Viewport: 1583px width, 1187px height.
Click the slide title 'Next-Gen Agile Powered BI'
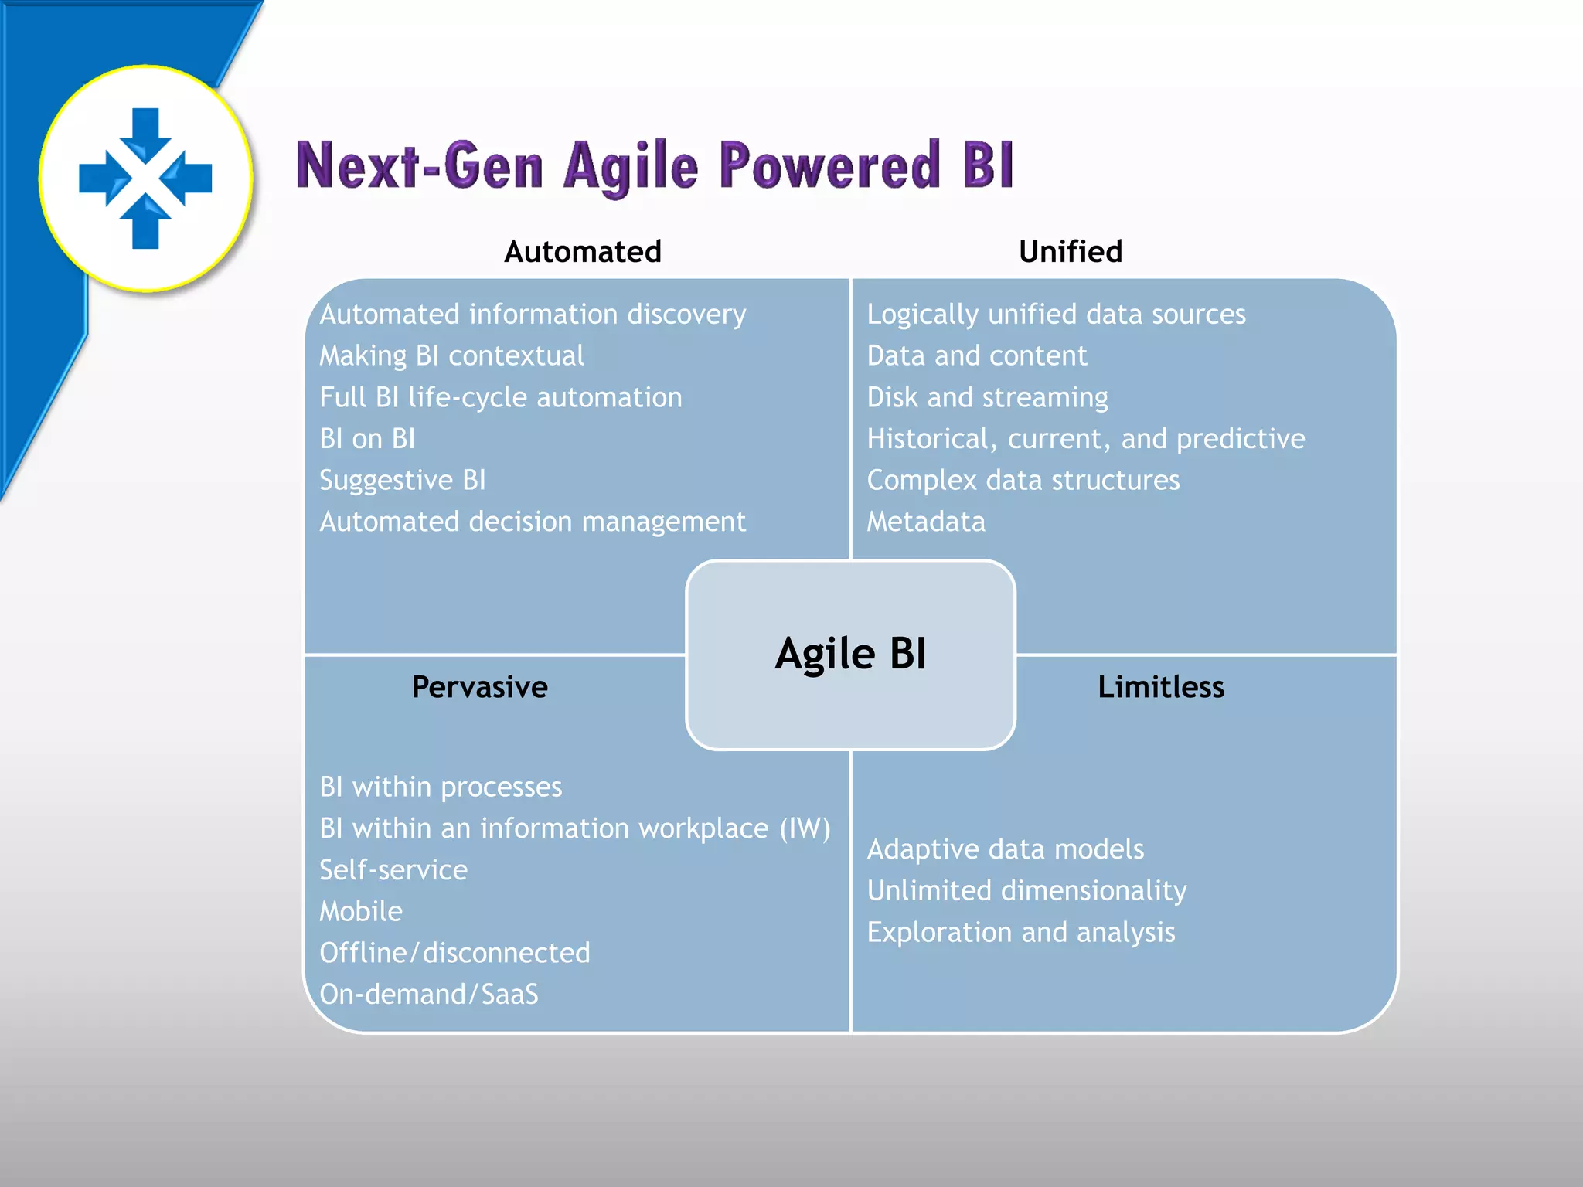click(654, 165)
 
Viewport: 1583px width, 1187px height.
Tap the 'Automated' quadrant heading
click(583, 251)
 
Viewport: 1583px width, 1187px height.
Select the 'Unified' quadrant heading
click(1070, 251)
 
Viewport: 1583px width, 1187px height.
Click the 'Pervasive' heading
click(479, 686)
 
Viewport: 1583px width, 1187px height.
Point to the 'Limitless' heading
click(1160, 686)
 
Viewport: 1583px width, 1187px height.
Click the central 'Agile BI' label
click(850, 654)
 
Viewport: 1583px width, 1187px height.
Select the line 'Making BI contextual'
click(451, 355)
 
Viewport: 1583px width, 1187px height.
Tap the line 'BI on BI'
click(367, 439)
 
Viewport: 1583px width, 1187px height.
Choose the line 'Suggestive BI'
click(402, 480)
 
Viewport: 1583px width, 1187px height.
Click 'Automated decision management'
click(533, 522)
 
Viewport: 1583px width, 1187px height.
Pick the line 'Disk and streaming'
click(987, 397)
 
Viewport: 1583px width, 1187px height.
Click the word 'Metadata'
click(925, 522)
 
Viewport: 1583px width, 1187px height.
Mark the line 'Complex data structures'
click(1023, 480)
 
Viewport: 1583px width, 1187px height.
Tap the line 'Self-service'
click(393, 870)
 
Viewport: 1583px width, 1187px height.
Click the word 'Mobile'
click(361, 911)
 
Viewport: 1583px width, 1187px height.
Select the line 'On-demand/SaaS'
click(429, 994)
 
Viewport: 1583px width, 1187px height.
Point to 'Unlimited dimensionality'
click(1026, 890)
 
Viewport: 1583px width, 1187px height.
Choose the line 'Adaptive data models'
click(1005, 849)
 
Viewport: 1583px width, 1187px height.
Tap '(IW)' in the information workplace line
click(805, 828)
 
